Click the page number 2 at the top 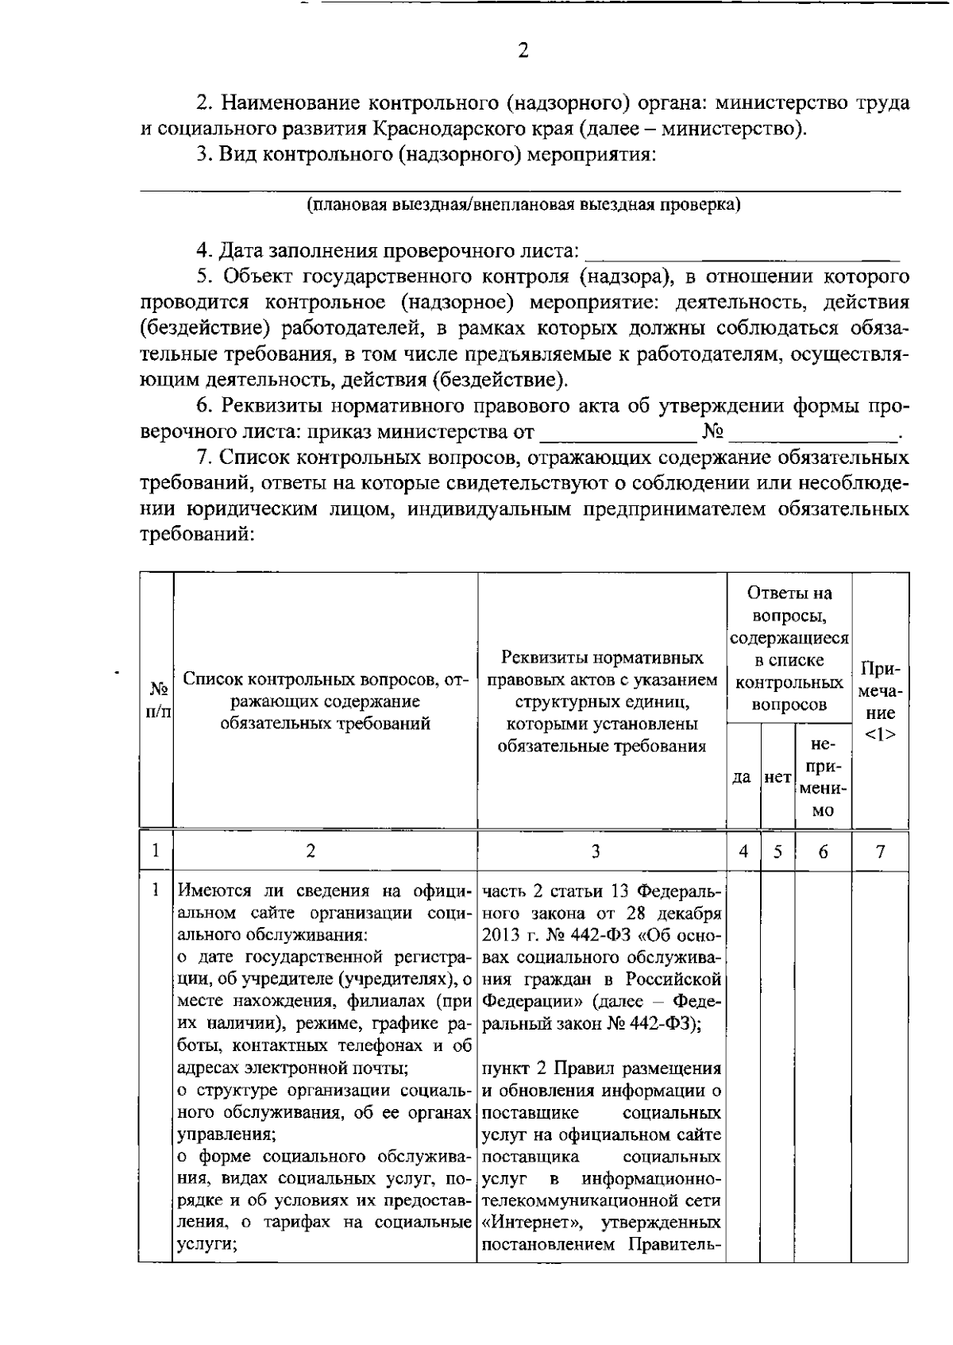[x=522, y=52]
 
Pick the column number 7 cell [x=880, y=852]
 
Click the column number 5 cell [x=777, y=852]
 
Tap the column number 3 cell [x=596, y=852]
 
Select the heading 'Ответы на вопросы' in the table [x=789, y=604]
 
